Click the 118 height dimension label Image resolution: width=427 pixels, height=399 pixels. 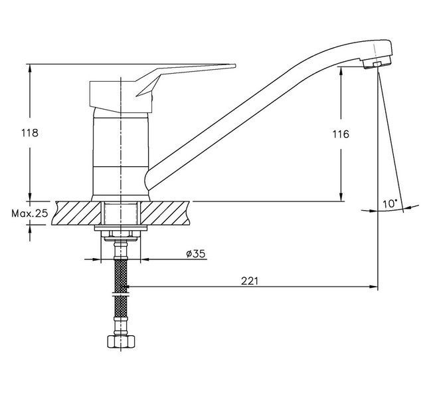pos(30,133)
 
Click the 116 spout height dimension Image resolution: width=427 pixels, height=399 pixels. pos(341,134)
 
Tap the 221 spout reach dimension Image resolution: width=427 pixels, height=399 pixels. pos(249,281)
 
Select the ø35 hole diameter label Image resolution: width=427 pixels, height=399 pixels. pos(195,254)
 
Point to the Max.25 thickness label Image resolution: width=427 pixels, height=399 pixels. pos(30,213)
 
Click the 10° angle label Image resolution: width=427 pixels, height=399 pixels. pos(390,203)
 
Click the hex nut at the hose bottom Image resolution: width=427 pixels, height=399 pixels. pos(121,341)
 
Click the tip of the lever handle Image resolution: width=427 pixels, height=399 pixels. pos(235,66)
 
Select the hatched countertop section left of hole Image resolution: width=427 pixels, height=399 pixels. pos(76,213)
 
